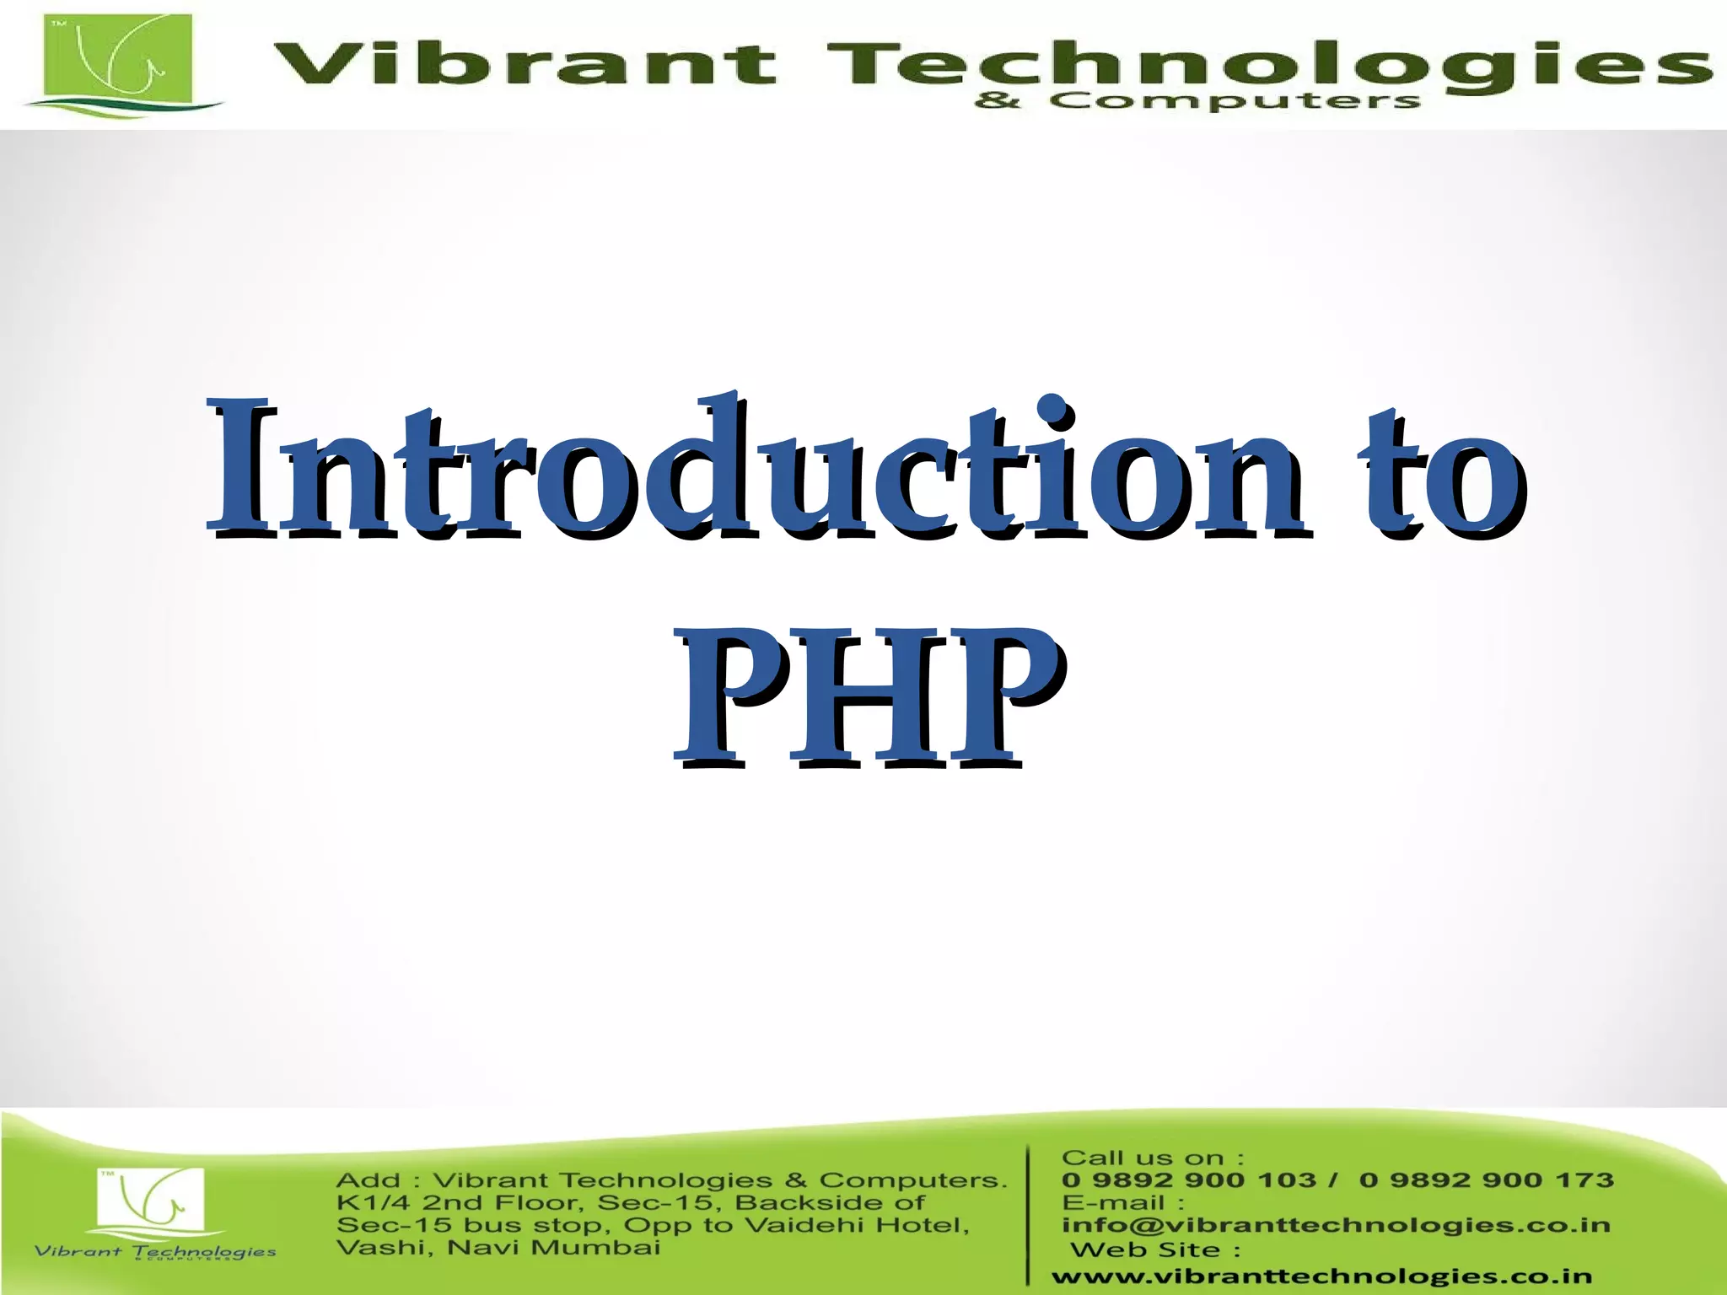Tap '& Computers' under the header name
pyautogui.click(x=1197, y=102)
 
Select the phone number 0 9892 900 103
pyautogui.click(x=1188, y=1180)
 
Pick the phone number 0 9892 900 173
pyautogui.click(x=1486, y=1180)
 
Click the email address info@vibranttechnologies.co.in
pyautogui.click(x=1336, y=1225)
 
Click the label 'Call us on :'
pyautogui.click(x=1152, y=1158)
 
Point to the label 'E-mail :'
pyautogui.click(x=1122, y=1203)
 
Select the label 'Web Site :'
pyautogui.click(x=1155, y=1250)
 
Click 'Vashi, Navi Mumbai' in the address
pyautogui.click(x=498, y=1248)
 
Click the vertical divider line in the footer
pyautogui.click(x=1029, y=1214)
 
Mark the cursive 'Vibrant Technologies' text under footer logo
pyautogui.click(x=155, y=1252)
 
